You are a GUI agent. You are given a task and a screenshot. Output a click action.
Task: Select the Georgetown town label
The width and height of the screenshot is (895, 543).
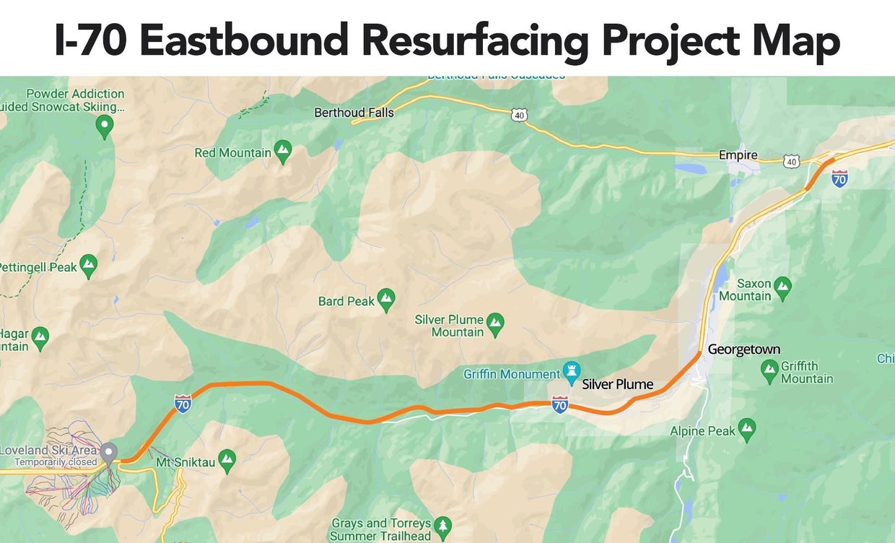pos(743,349)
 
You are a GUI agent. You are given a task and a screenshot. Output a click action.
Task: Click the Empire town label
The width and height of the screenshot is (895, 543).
pos(738,155)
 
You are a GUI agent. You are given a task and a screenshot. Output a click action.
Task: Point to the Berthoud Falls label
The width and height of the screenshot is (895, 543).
pos(354,113)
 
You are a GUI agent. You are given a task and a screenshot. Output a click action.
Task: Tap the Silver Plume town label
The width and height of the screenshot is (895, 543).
pos(617,384)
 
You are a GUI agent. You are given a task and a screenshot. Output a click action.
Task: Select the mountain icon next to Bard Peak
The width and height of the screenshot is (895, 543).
pos(386,298)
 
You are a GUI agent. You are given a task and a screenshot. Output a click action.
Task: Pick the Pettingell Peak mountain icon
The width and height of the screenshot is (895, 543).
pos(88,265)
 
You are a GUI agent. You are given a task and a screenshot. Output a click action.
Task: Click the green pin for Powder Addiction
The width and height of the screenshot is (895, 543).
pos(105,127)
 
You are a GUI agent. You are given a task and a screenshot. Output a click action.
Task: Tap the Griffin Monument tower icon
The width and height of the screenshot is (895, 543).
pos(572,372)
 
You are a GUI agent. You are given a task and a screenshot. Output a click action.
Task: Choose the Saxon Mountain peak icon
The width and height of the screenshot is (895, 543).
pos(782,288)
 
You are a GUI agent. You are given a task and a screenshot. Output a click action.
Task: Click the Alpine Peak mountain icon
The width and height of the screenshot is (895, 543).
pos(746,430)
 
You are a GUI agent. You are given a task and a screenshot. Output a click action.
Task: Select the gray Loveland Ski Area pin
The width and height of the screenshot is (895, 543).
pos(109,453)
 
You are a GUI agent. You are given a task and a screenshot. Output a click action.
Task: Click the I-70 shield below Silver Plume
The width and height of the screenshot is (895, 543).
pos(559,404)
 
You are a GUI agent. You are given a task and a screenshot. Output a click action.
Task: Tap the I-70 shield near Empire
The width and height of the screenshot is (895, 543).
pos(839,178)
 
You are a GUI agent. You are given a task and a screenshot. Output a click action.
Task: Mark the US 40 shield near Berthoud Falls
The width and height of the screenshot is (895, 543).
pos(520,115)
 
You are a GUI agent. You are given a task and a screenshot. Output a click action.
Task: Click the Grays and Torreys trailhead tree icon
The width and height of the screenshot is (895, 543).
pos(442,526)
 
